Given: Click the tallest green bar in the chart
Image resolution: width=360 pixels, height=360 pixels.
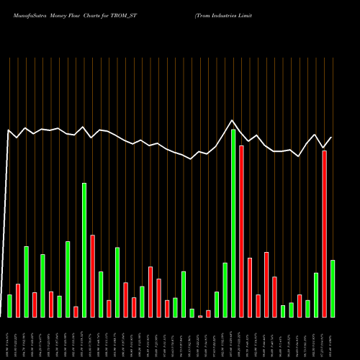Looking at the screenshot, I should (x=233, y=223).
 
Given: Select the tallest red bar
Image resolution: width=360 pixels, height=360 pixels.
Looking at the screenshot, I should (x=241, y=231).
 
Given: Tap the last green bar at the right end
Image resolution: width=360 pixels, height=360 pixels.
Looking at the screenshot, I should (x=333, y=288).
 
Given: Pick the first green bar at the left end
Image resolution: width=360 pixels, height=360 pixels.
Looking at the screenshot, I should (x=9, y=305).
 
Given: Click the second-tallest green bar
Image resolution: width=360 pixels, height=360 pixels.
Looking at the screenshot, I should (x=84, y=250).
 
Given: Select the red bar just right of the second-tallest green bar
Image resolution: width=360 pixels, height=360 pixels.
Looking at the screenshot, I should (x=93, y=276).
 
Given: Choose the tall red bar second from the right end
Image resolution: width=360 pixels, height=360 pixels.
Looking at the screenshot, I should (x=325, y=233).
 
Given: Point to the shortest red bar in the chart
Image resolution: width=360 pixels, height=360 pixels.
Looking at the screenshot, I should (x=200, y=315).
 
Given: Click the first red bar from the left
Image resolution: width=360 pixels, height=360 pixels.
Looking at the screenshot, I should (x=18, y=300).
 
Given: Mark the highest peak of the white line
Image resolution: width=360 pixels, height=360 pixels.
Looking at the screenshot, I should (x=233, y=120).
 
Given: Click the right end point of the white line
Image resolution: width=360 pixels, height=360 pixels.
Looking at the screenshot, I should (x=332, y=137).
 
